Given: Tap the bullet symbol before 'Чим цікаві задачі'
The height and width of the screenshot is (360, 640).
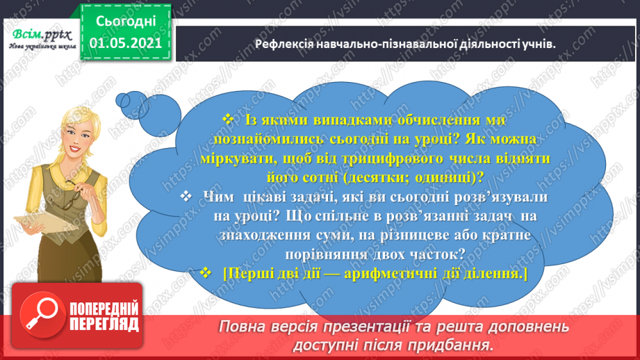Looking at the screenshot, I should tap(184, 197).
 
